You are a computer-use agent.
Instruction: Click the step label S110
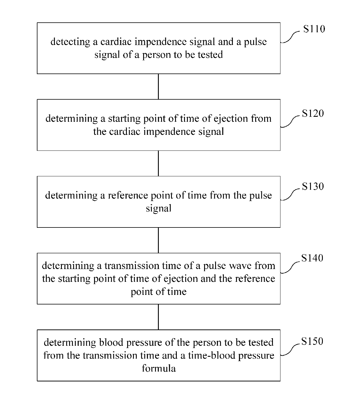pos(314,29)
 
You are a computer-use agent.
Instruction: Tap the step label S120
pos(313,113)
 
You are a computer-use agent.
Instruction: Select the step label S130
pos(313,186)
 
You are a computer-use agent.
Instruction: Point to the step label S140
pos(312,258)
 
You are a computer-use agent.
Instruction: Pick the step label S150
pos(312,341)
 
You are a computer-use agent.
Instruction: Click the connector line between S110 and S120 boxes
pos(158,87)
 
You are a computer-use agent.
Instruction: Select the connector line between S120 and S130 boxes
pos(158,163)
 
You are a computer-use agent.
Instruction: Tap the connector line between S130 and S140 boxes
pos(158,240)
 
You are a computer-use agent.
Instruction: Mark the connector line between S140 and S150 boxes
pos(158,317)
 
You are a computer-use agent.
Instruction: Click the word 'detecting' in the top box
pos(70,42)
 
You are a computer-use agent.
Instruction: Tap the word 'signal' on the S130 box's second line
pos(159,208)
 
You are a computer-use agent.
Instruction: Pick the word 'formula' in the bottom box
pos(159,368)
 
